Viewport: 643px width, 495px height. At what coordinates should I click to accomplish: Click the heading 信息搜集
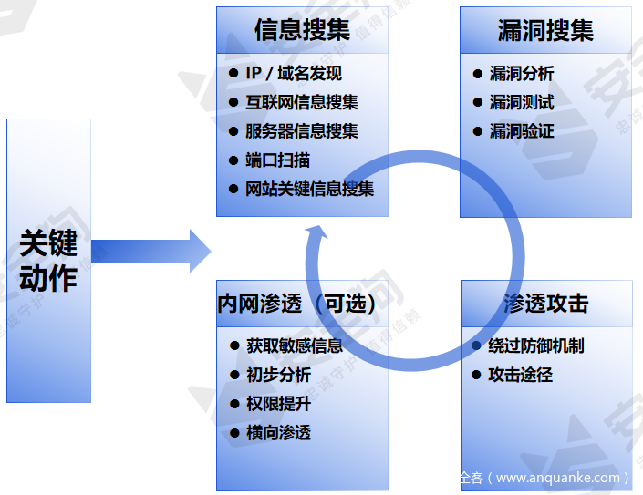(x=302, y=31)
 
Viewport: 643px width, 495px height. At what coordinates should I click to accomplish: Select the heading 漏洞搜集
(x=545, y=31)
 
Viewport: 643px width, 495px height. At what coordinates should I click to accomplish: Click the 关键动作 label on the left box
(x=48, y=261)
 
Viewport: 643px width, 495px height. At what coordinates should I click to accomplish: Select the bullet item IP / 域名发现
(x=294, y=74)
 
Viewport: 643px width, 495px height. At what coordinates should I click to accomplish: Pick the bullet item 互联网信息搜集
(x=302, y=103)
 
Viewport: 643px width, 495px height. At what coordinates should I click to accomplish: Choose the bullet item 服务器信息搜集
(x=302, y=131)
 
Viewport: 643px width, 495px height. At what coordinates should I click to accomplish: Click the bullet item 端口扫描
(x=278, y=160)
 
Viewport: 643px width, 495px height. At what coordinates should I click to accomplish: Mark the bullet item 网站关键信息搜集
(x=310, y=190)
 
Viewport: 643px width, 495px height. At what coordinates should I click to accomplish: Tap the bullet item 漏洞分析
(x=522, y=74)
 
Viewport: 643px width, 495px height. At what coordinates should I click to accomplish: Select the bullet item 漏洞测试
(x=522, y=103)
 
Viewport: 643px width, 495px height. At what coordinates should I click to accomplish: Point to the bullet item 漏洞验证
(x=522, y=131)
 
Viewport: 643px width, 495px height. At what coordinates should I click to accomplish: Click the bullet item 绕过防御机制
(x=536, y=346)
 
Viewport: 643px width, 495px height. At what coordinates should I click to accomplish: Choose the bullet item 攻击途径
(x=521, y=375)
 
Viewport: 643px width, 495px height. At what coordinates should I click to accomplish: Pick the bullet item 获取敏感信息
(x=294, y=346)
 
